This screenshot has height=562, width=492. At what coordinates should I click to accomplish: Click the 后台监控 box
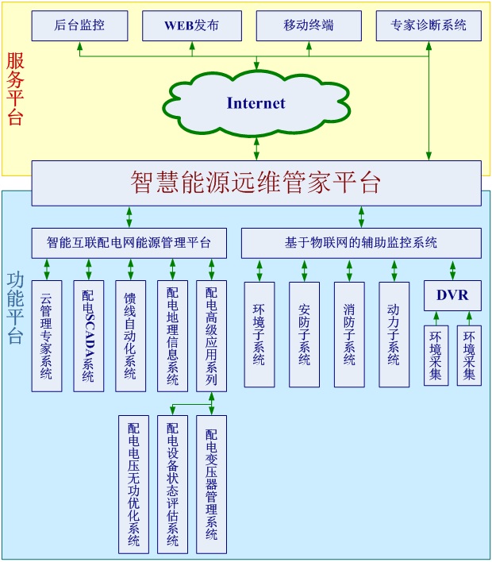click(79, 25)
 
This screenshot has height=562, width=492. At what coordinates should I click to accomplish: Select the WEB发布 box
click(191, 25)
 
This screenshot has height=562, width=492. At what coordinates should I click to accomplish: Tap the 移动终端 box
click(309, 25)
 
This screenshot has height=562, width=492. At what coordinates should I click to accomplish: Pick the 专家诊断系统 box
click(429, 25)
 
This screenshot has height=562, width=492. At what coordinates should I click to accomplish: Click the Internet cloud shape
click(256, 103)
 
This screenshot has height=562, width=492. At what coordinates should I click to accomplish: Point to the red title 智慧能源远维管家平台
click(256, 183)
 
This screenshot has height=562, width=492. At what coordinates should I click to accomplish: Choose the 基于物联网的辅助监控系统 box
click(361, 243)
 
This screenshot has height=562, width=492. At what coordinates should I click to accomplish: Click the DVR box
click(452, 296)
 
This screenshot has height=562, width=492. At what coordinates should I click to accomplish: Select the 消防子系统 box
click(349, 334)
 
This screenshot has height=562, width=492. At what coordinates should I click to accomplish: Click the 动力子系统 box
click(394, 334)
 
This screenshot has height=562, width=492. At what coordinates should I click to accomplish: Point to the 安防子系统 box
click(304, 334)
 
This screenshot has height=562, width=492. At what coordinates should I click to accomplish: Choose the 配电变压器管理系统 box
click(212, 484)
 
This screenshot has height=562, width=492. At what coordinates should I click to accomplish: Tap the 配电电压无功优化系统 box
click(133, 484)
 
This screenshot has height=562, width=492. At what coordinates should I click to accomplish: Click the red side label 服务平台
click(15, 87)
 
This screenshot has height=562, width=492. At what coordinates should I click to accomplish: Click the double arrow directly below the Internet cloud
click(256, 147)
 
